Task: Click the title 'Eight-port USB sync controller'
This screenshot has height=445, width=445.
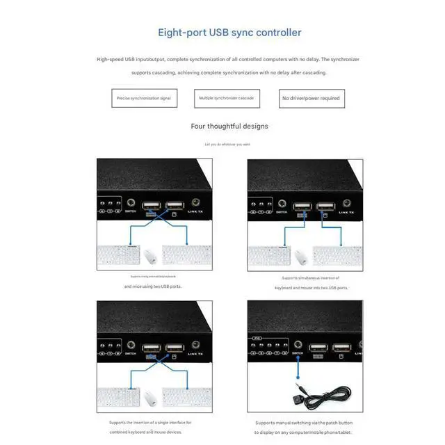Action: click(229, 32)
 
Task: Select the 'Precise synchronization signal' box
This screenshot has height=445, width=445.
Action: click(144, 98)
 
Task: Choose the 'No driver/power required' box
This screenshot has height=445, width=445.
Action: click(311, 98)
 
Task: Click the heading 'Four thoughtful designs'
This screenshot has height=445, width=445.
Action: click(229, 127)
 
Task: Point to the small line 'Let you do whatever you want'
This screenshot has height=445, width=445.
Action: click(227, 144)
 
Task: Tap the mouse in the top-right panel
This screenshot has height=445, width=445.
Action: click(300, 257)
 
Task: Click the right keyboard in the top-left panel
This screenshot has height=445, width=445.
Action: click(186, 254)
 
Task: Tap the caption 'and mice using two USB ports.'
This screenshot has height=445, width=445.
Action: click(154, 286)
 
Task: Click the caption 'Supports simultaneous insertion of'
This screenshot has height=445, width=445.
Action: click(306, 278)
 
